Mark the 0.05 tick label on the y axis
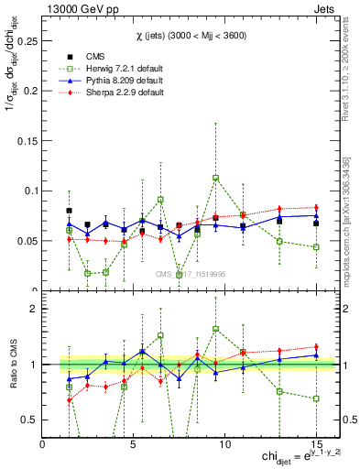27,241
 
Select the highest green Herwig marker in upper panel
215,178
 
